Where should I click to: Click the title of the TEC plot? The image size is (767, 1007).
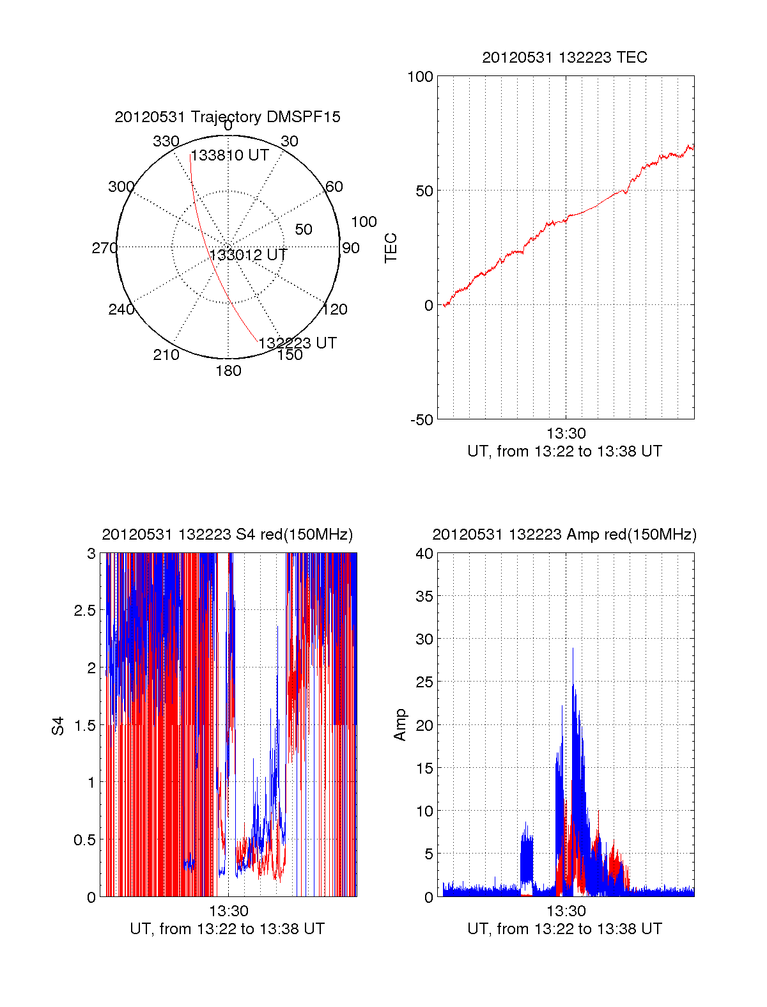[x=564, y=58]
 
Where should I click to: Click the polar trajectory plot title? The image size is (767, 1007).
[x=228, y=117]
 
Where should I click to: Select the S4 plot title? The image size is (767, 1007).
[x=228, y=535]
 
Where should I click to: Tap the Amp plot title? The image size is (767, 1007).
[x=564, y=535]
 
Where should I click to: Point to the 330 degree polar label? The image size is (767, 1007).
[x=166, y=141]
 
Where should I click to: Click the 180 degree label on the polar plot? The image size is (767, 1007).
[x=228, y=371]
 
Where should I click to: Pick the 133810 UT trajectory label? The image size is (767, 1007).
[x=229, y=155]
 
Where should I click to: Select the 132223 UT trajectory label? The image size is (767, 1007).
[x=298, y=343]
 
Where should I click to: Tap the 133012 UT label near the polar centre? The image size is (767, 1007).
[x=248, y=254]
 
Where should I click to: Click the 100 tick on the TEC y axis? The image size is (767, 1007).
[x=420, y=77]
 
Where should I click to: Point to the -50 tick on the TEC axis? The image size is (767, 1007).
[x=422, y=420]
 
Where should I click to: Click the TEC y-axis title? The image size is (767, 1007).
[x=391, y=248]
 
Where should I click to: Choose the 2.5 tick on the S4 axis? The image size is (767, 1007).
[x=85, y=611]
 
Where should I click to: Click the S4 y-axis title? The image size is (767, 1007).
[x=58, y=726]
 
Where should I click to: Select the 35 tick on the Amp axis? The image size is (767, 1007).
[x=424, y=597]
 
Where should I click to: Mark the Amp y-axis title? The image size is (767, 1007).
[x=399, y=725]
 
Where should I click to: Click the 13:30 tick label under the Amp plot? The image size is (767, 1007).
[x=566, y=910]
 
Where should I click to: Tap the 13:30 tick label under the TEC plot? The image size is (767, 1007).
[x=566, y=433]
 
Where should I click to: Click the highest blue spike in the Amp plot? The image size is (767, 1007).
[x=573, y=649]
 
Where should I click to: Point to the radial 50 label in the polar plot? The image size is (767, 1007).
[x=304, y=230]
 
